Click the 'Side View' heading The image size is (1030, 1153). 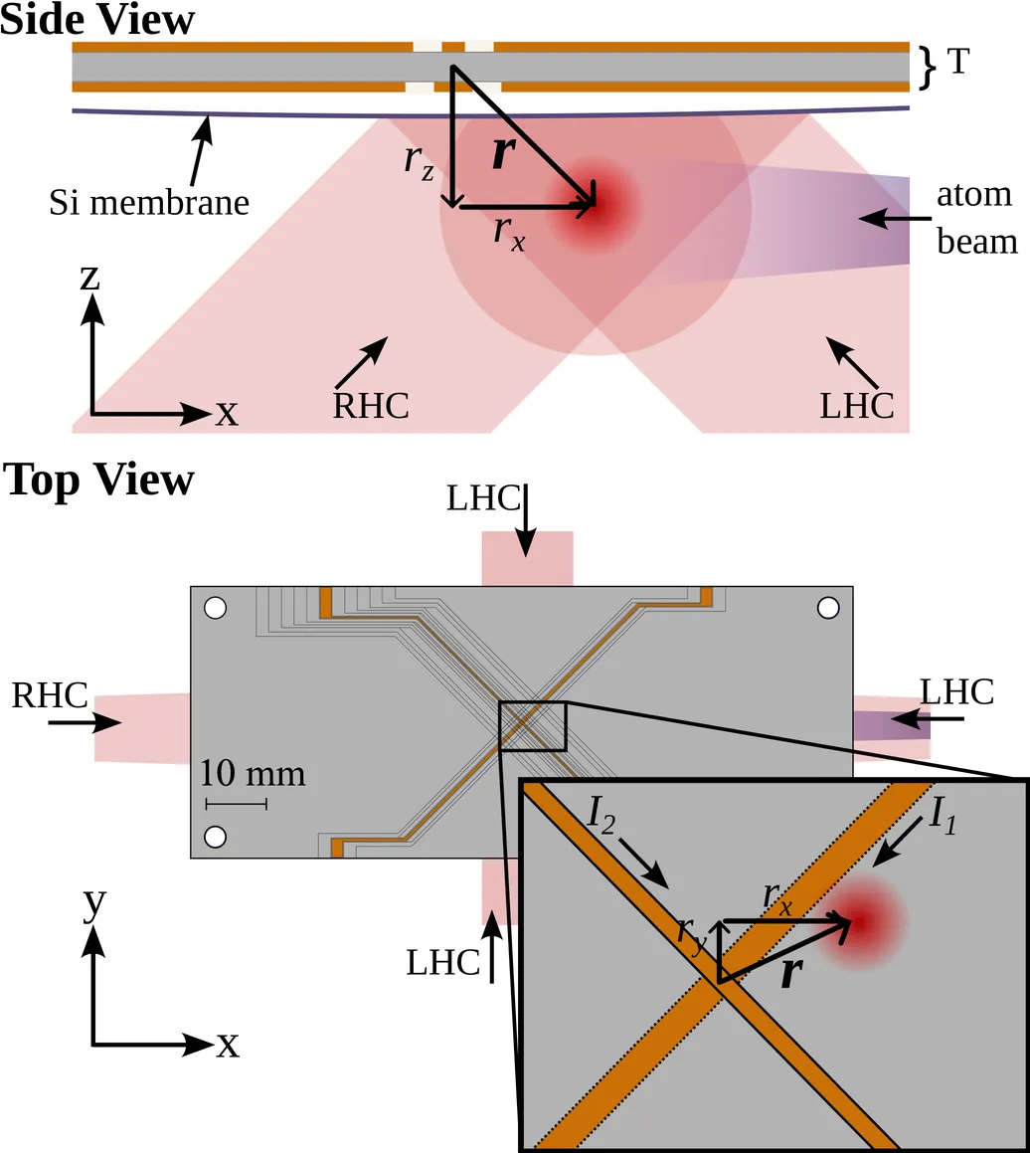[97, 19]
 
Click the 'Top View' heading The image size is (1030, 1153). [99, 480]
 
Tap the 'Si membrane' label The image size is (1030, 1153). [149, 203]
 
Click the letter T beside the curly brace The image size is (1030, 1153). [957, 64]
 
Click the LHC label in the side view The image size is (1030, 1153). [857, 406]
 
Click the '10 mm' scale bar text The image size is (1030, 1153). [253, 773]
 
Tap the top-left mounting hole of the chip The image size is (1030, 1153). [215, 607]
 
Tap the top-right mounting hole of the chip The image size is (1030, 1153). [827, 607]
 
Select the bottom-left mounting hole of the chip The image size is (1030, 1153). [215, 834]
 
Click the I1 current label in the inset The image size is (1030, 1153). [943, 815]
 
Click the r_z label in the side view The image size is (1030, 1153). [419, 164]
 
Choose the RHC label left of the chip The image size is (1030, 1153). [50, 694]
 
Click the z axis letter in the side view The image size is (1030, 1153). [90, 279]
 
